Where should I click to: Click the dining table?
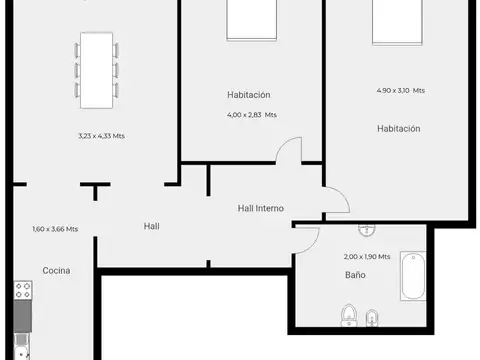pyautogui.click(x=97, y=70)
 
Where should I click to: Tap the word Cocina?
pyautogui.click(x=55, y=270)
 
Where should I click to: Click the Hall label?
pyautogui.click(x=151, y=226)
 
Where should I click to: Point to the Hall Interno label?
pyautogui.click(x=260, y=208)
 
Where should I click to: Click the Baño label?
pyautogui.click(x=355, y=274)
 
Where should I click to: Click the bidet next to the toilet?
pyautogui.click(x=372, y=319)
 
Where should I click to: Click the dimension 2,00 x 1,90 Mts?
pyautogui.click(x=366, y=257)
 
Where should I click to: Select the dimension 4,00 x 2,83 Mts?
pyautogui.click(x=251, y=115)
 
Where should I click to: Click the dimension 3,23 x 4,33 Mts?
pyautogui.click(x=101, y=136)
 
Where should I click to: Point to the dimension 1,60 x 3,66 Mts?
pyautogui.click(x=55, y=229)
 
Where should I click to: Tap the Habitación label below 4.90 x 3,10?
pyautogui.click(x=398, y=128)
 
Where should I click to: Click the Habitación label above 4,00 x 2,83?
pyautogui.click(x=249, y=95)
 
